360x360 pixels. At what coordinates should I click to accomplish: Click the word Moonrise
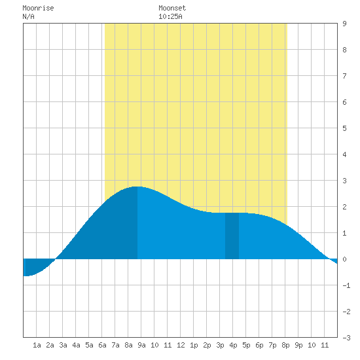pos(38,8)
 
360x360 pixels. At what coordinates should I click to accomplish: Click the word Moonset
pos(172,8)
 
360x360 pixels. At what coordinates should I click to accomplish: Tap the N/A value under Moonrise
pos(28,16)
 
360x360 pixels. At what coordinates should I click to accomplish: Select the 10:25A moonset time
pos(170,16)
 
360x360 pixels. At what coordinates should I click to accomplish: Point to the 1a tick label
pos(37,345)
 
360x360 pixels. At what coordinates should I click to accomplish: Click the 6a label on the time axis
pos(102,345)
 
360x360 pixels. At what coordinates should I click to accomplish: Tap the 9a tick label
pos(141,345)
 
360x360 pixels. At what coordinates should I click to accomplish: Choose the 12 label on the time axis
pos(181,345)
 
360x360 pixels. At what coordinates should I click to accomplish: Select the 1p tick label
pos(194,345)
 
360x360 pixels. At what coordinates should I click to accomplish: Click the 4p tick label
pos(233,345)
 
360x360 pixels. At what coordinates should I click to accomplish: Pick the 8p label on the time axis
pos(285,345)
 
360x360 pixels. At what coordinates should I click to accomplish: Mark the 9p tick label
pos(298,345)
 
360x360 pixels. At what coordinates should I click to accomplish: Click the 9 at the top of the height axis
pos(344,24)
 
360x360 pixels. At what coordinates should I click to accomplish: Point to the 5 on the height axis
pos(344,128)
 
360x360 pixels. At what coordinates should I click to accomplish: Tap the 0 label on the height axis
pos(344,259)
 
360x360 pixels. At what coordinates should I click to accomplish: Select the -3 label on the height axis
pos(346,338)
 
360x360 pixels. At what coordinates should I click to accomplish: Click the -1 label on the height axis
pos(346,285)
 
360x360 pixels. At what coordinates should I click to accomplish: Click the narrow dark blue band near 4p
pos(232,236)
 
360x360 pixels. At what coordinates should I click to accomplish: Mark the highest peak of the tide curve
pos(137,187)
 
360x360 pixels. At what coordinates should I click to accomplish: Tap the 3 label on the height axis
pos(344,181)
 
